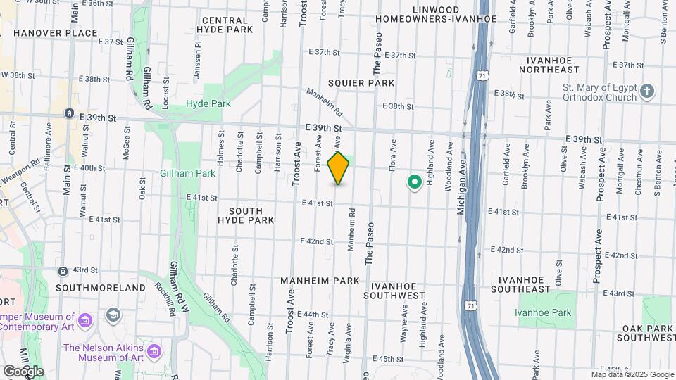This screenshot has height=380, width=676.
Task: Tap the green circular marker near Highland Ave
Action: click(415, 182)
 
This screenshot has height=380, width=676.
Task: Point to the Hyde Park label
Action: click(208, 103)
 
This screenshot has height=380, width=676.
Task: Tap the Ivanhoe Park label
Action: click(543, 312)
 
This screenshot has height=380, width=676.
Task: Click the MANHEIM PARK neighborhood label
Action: click(320, 280)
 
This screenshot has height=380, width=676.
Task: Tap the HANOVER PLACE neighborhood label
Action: click(45, 33)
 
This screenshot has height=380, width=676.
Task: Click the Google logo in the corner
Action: click(23, 371)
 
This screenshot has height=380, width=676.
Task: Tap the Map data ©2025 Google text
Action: click(632, 374)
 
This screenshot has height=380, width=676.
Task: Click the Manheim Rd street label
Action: click(325, 103)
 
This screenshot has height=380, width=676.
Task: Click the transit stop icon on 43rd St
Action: click(63, 270)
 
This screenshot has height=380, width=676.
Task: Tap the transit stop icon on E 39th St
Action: click(69, 113)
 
